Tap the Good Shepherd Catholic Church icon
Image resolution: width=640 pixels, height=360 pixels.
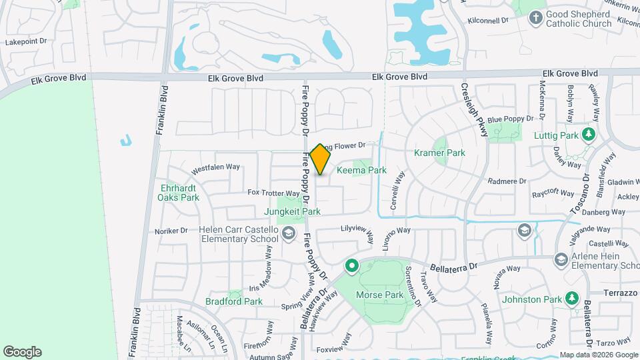click(x=535, y=18)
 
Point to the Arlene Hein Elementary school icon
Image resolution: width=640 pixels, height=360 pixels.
click(x=561, y=259)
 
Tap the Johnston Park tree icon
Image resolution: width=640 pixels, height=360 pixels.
click(x=571, y=299)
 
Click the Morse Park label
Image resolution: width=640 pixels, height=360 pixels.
click(x=380, y=295)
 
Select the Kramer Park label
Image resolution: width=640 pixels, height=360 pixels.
click(x=439, y=153)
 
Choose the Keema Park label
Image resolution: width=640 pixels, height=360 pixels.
click(x=362, y=170)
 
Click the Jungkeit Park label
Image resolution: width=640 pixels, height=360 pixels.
click(x=293, y=211)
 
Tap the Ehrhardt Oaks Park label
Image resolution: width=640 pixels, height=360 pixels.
click(x=179, y=192)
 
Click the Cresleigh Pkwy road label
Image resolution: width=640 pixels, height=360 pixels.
click(x=475, y=110)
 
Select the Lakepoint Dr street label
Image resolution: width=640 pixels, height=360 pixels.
click(x=26, y=41)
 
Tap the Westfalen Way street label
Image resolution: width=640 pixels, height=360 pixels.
click(x=215, y=168)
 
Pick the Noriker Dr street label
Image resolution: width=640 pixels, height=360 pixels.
click(x=171, y=231)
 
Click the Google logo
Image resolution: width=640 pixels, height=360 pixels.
click(x=22, y=352)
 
